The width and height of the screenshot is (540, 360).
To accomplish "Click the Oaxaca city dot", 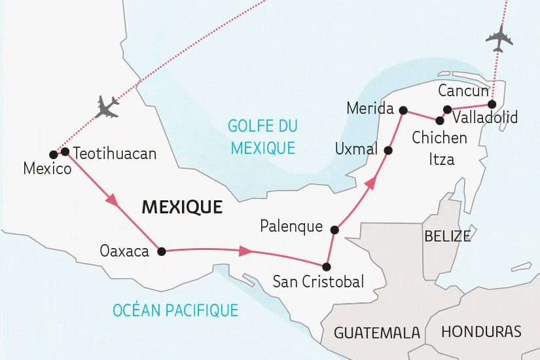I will pyautogui.click(x=161, y=250).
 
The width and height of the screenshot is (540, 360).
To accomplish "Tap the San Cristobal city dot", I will pyautogui.click(x=327, y=266).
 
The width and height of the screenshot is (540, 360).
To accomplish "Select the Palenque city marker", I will pyautogui.click(x=334, y=230).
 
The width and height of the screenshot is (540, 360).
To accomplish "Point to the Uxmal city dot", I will pyautogui.click(x=387, y=151).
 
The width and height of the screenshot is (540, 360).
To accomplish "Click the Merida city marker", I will pyautogui.click(x=403, y=110).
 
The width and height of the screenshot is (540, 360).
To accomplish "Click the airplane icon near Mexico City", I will pyautogui.click(x=107, y=106).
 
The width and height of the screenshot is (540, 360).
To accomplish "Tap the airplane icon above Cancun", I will pyautogui.click(x=499, y=39).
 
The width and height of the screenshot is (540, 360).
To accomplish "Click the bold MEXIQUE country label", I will pyautogui.click(x=182, y=207).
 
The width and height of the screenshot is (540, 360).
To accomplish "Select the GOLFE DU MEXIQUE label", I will pyautogui.click(x=261, y=137).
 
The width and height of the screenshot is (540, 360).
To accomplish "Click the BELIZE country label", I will pyautogui.click(x=447, y=236).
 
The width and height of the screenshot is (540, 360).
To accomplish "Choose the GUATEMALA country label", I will pyautogui.click(x=377, y=333).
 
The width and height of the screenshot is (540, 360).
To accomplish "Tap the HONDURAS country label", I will pyautogui.click(x=481, y=331).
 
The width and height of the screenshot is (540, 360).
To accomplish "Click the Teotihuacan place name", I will pyautogui.click(x=115, y=154).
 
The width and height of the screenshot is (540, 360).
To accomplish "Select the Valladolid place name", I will pyautogui.click(x=485, y=118).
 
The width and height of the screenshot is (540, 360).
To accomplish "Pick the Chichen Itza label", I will pyautogui.click(x=439, y=148).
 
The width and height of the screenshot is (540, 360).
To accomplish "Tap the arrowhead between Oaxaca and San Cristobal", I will pyautogui.click(x=247, y=251).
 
